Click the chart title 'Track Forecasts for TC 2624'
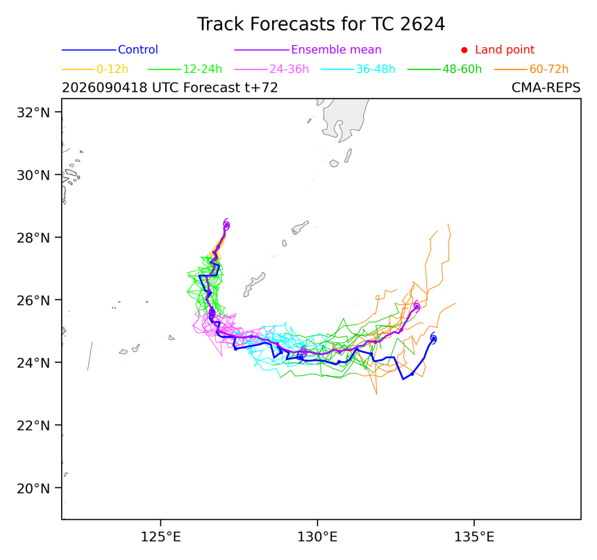click(321, 24)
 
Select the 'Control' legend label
click(138, 49)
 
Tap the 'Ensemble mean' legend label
click(336, 49)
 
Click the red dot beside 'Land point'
click(464, 50)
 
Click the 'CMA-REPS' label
click(546, 87)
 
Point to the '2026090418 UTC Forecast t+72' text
click(170, 87)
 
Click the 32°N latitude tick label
click(33, 112)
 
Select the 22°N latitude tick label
click(33, 425)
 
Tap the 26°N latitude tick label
click(33, 300)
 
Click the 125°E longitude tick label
click(160, 537)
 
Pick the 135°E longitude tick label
click(474, 537)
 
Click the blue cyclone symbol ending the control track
click(433, 339)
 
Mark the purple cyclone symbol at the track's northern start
click(226, 225)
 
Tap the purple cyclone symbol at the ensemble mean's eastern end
click(417, 307)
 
